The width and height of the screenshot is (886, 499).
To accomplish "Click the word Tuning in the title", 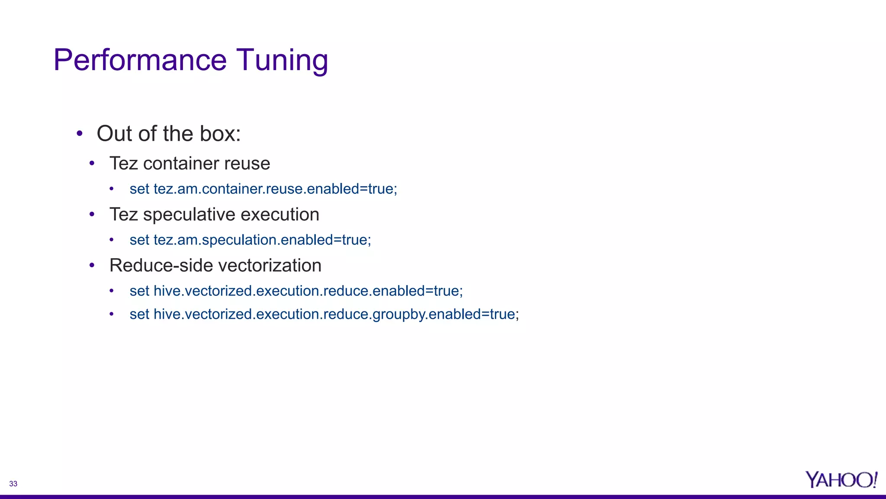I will click(x=282, y=61).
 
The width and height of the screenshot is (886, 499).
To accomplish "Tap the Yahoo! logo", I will click(x=841, y=480).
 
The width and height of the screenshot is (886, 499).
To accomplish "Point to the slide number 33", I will click(x=13, y=484).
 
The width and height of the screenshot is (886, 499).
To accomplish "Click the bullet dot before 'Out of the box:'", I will click(x=79, y=133).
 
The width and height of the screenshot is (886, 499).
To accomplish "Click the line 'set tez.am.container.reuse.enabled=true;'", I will click(x=263, y=189).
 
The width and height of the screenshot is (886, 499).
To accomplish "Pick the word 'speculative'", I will click(x=189, y=214).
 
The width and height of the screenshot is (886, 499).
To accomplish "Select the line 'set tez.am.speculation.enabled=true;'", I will click(x=250, y=240).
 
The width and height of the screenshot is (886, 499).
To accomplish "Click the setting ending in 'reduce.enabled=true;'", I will click(x=296, y=291).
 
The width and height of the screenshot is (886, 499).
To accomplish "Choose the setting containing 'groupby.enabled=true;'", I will click(x=324, y=314).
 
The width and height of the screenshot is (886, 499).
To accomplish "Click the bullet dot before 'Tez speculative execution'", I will click(x=92, y=214).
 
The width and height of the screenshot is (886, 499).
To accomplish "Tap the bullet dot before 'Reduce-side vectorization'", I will click(x=92, y=266).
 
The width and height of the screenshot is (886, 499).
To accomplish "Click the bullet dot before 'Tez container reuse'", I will click(x=92, y=164).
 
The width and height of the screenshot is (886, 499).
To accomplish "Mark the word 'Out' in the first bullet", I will click(x=114, y=133).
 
